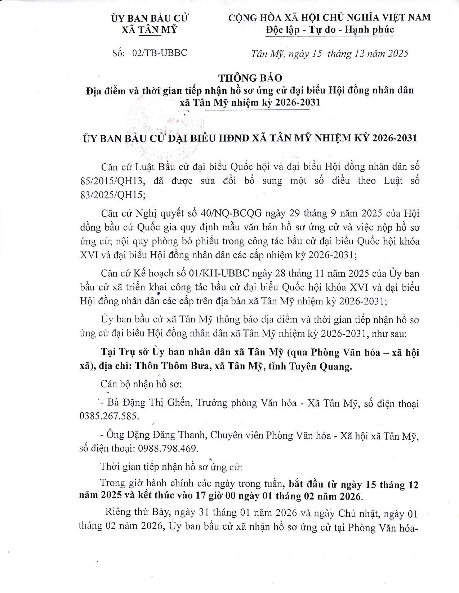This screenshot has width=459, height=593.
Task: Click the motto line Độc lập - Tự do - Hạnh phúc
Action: [330, 30]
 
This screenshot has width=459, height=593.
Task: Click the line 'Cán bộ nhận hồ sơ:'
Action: [141, 384]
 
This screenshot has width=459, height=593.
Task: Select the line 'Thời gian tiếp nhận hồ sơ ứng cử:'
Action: [171, 467]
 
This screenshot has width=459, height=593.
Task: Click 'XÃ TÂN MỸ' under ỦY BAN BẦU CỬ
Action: [150, 30]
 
